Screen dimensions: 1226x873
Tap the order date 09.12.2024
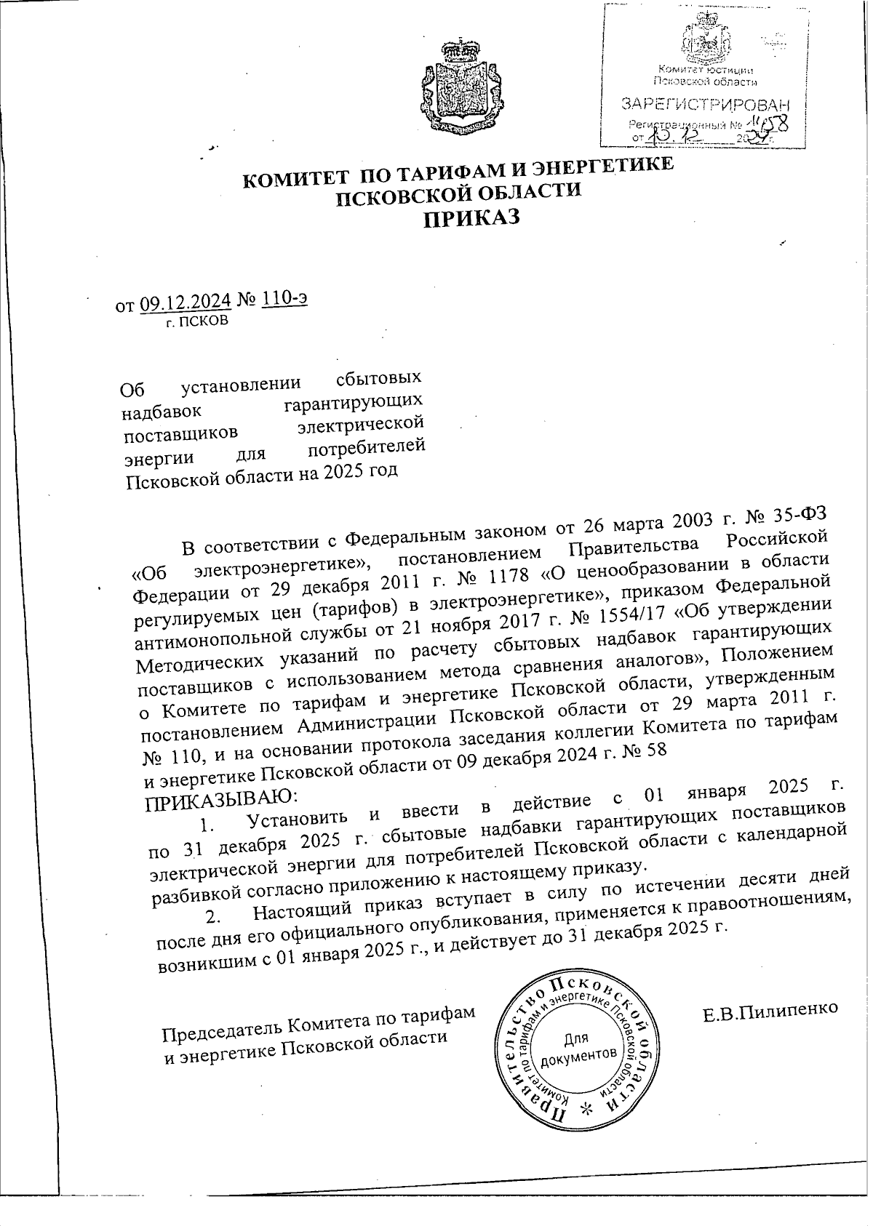[186, 300]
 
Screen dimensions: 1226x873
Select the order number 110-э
[285, 298]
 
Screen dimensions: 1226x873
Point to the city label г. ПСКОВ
[197, 320]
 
